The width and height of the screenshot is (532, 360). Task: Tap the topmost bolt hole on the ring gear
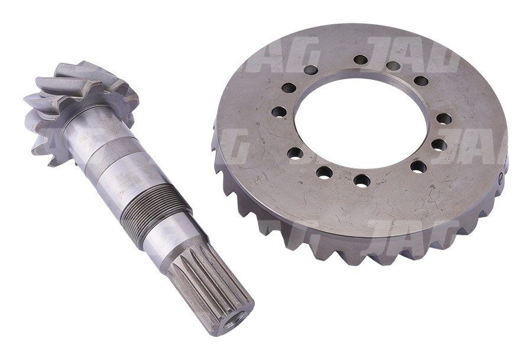[361, 60]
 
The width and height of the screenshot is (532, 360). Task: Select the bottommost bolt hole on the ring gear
[362, 180]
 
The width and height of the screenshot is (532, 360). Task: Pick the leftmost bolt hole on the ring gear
[279, 111]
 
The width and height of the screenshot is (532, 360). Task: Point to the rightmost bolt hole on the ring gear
[444, 119]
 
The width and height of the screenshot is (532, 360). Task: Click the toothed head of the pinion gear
[83, 103]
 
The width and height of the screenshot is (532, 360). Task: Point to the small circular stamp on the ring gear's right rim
[502, 176]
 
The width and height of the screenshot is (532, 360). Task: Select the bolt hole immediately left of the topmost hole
[310, 70]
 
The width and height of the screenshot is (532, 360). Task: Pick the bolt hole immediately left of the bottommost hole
[324, 172]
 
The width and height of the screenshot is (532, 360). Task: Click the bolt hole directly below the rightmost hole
[438, 144]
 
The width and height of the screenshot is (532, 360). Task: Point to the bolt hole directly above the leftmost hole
[288, 88]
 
